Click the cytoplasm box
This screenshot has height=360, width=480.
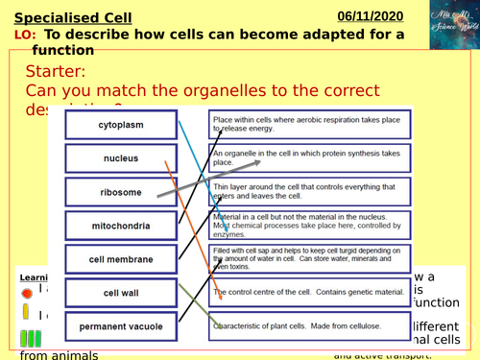(x=121, y=125)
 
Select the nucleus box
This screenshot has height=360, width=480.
(x=121, y=157)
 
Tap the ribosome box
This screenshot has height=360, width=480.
(x=121, y=192)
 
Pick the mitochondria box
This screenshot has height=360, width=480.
(x=121, y=226)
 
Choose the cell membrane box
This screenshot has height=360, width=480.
(x=121, y=258)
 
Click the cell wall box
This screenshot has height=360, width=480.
(x=121, y=292)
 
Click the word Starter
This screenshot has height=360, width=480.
(x=57, y=73)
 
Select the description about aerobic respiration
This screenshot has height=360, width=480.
(x=309, y=124)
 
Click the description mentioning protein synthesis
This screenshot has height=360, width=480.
(x=309, y=157)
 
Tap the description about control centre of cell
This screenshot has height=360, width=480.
(x=309, y=292)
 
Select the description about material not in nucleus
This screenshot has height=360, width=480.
(x=309, y=226)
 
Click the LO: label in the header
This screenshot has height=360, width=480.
(x=26, y=36)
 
